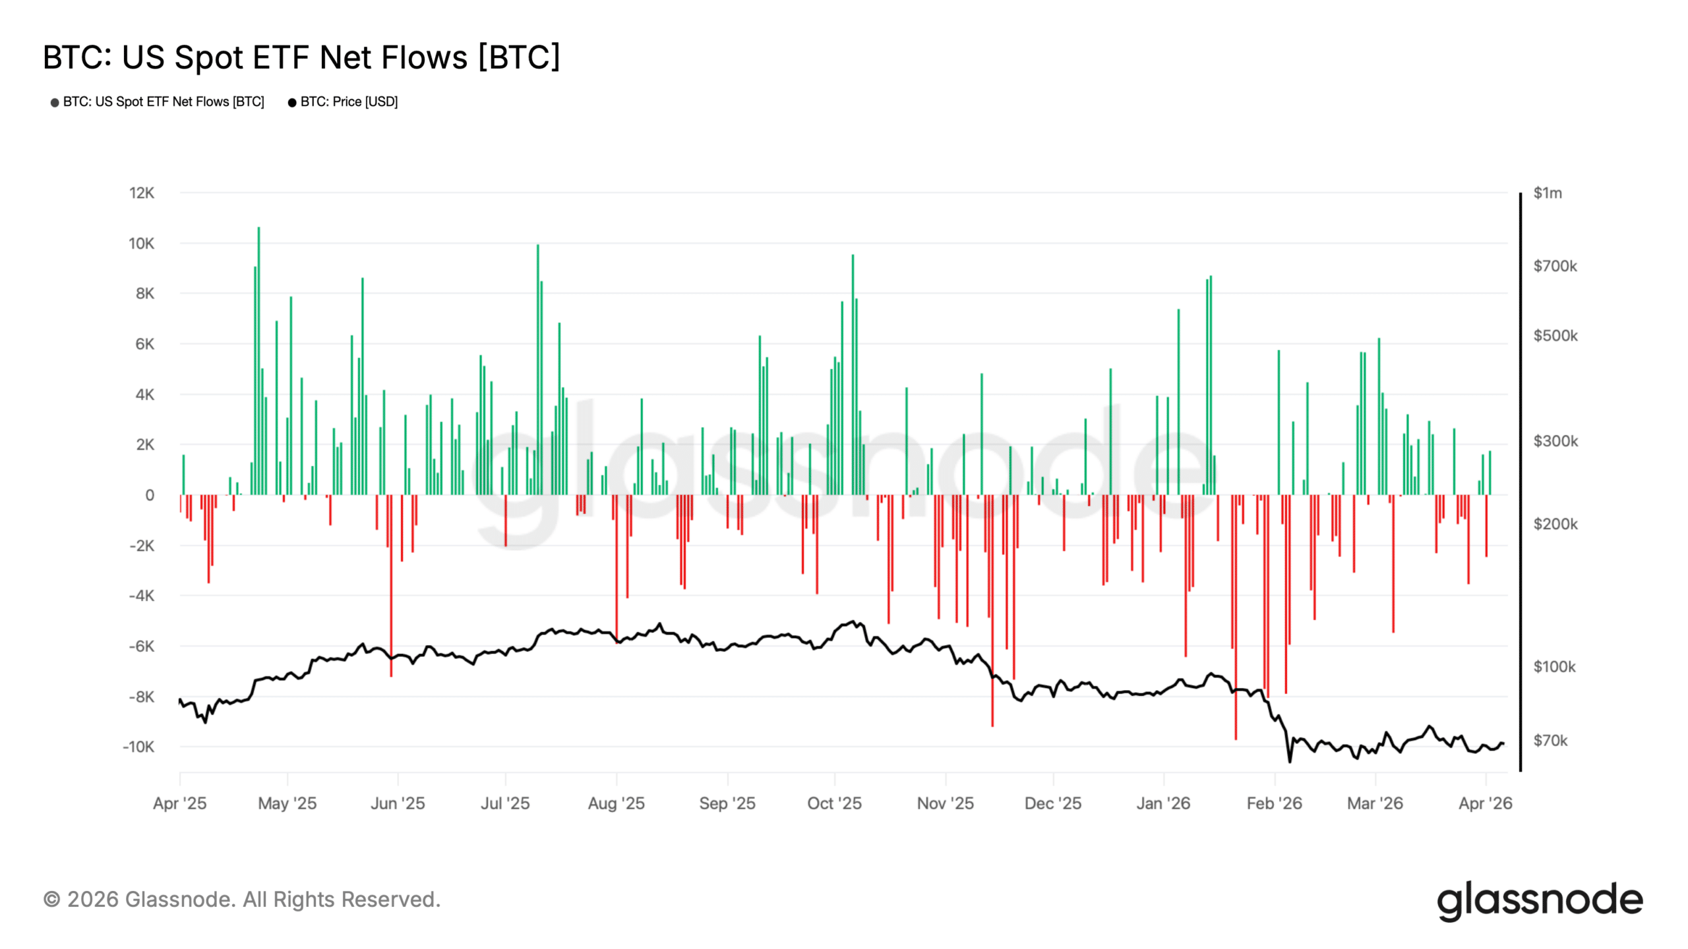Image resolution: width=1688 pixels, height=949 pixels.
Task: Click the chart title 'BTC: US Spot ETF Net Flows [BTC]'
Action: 301,57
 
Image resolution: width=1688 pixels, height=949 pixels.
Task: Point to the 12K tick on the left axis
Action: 142,193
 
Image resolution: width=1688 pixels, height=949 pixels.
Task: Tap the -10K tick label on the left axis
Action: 138,747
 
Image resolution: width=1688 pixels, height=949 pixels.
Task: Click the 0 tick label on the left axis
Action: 150,495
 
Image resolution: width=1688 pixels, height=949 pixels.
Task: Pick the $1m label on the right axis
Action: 1547,193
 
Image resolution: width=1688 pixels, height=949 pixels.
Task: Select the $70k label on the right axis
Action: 1550,740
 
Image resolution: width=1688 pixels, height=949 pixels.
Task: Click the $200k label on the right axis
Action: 1555,524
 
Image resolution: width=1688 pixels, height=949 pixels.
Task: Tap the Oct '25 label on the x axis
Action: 834,803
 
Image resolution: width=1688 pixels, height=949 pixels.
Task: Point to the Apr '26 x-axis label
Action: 1485,803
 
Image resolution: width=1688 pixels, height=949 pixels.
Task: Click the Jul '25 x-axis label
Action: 505,803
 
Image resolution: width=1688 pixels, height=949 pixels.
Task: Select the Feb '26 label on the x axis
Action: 1274,803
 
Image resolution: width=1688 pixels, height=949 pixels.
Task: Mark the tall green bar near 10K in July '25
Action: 537,369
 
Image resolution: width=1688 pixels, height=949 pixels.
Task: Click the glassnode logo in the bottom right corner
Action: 1540,901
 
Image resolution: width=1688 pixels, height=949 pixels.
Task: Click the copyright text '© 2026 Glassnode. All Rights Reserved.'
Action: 242,900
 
